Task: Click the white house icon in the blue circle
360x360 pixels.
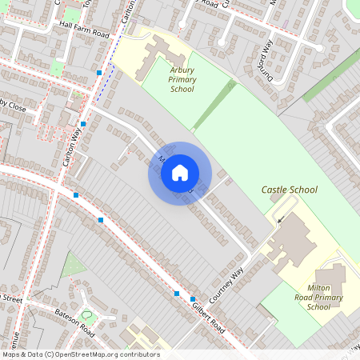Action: click(x=180, y=173)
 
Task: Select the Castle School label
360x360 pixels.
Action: click(x=289, y=190)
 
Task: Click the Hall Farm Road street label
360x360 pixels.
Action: click(x=78, y=34)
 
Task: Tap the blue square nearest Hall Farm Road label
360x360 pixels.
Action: click(x=99, y=73)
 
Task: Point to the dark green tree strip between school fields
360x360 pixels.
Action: click(x=214, y=104)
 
